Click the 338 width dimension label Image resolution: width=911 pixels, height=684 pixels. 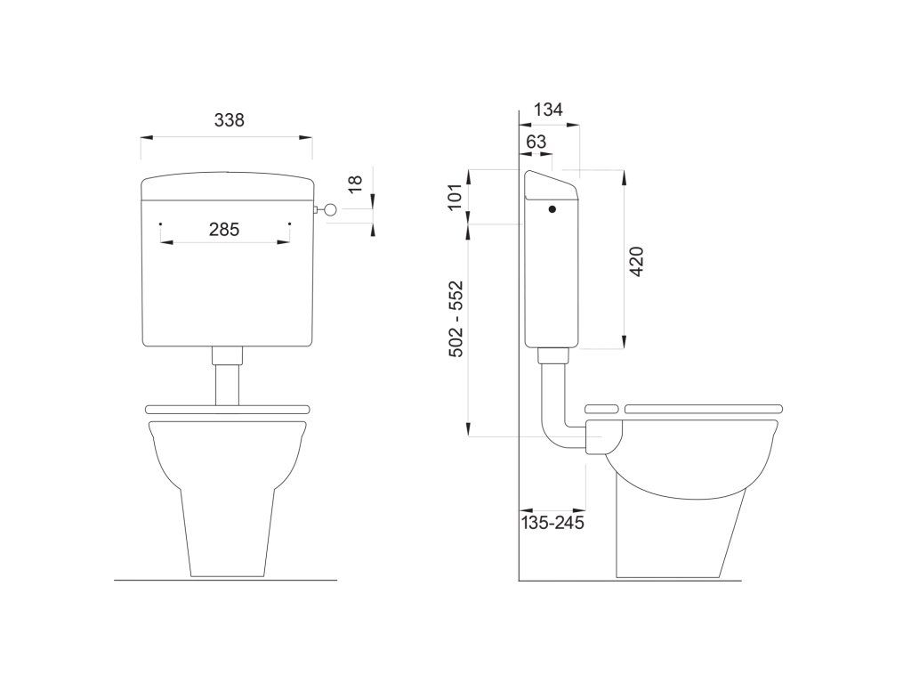pos(230,120)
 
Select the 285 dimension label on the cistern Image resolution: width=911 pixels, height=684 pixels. pos(224,230)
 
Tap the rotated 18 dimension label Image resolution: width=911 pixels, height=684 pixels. pos(355,184)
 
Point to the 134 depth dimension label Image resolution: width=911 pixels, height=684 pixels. pos(549,110)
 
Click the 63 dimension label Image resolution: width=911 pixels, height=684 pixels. pos(536,142)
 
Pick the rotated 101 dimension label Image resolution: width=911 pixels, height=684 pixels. pos(456,197)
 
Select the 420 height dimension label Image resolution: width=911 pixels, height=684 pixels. pos(637,262)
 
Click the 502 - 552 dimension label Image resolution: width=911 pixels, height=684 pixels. pos(456,319)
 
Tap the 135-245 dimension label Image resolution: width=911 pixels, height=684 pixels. pos(552,522)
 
